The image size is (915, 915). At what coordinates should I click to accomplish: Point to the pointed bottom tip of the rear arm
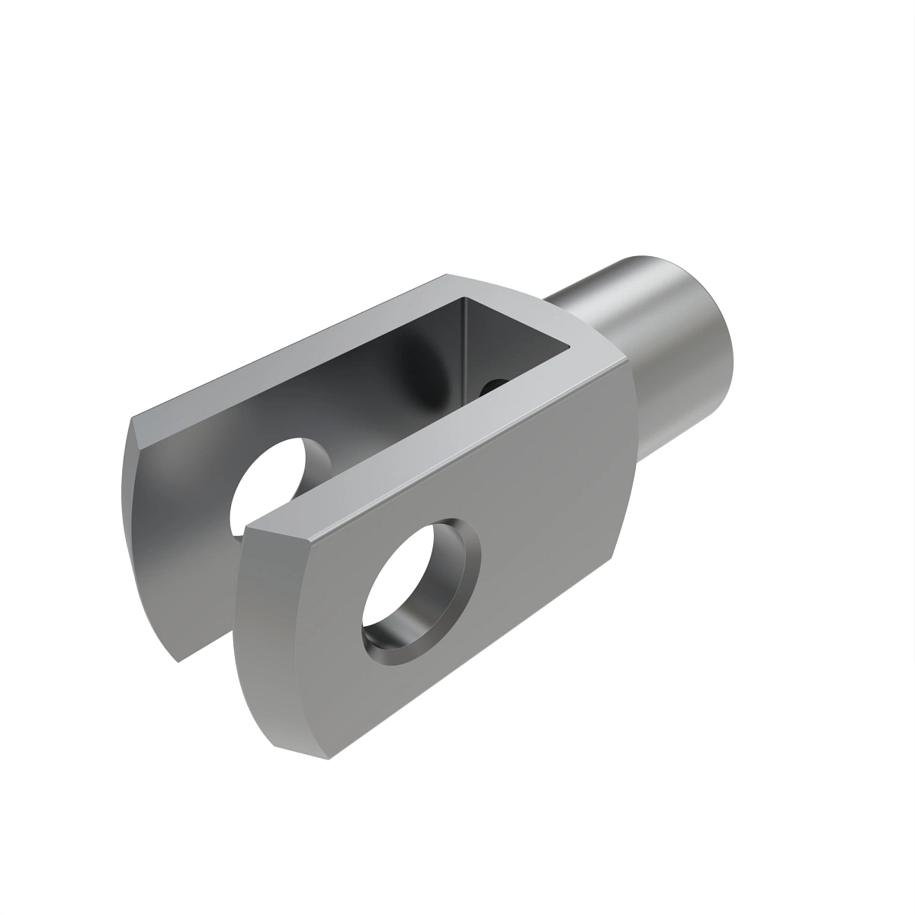coord(178,660)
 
